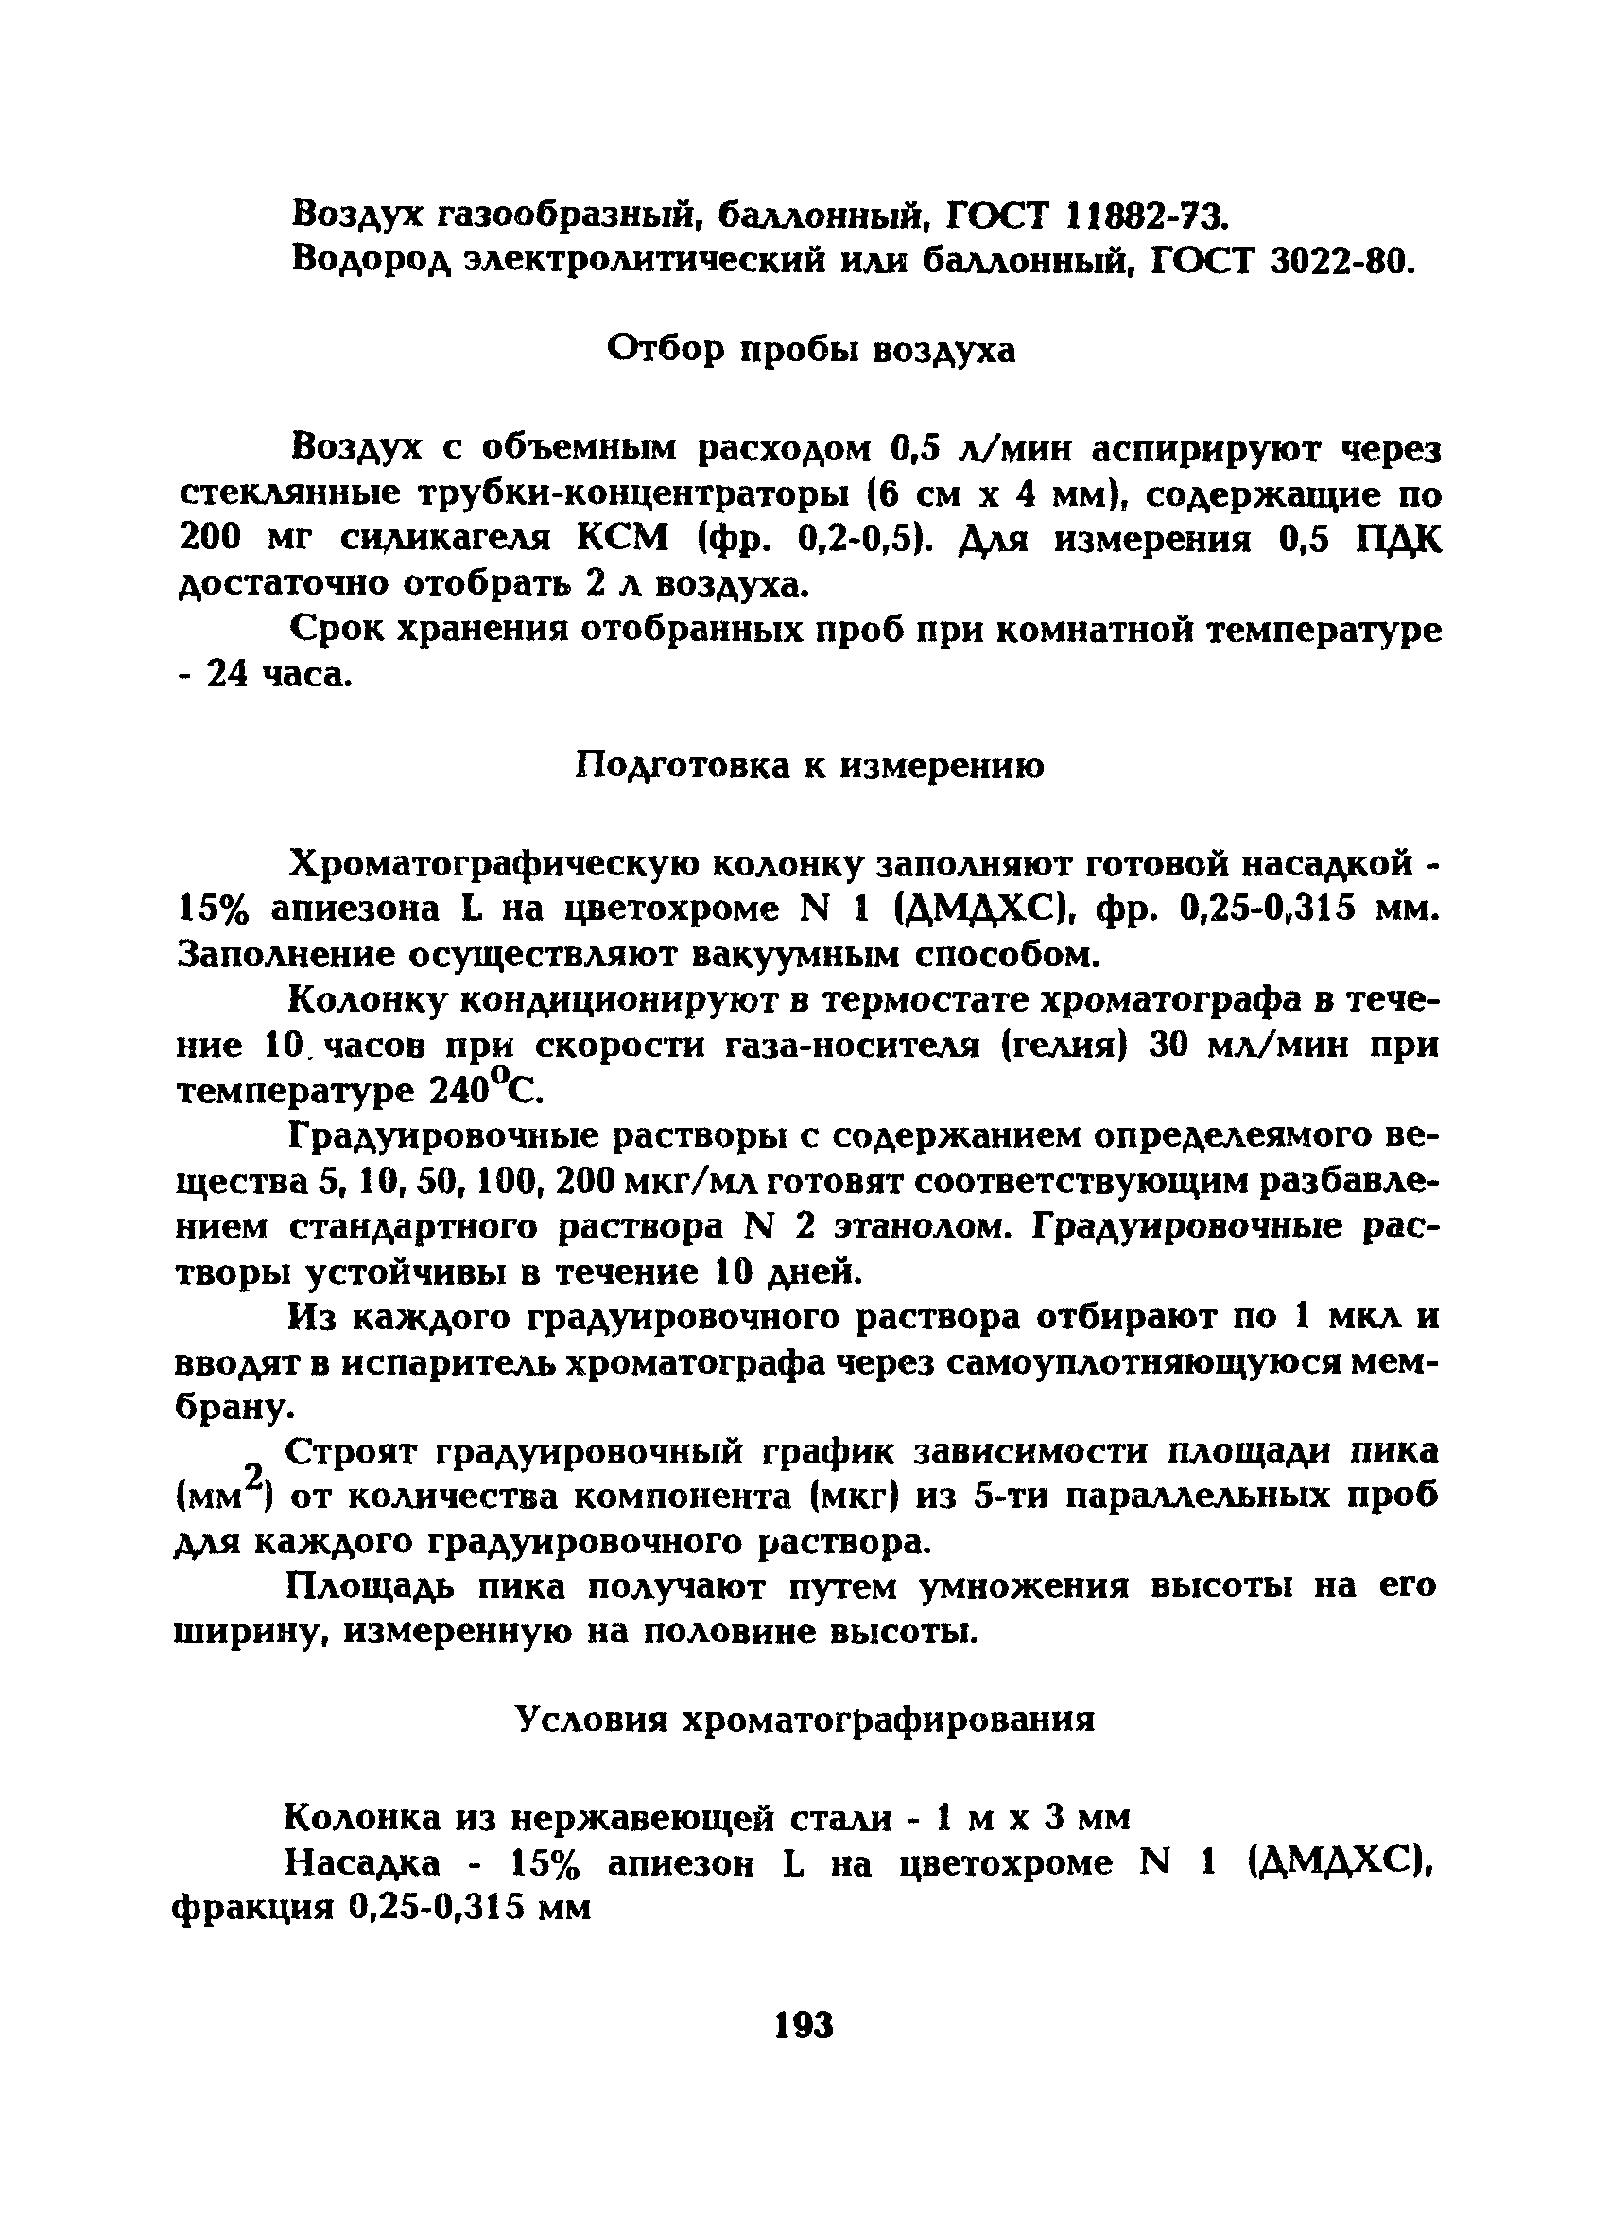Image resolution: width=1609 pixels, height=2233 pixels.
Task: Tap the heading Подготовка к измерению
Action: (808, 765)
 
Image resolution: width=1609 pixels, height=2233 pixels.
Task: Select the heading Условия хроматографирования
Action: (804, 1719)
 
